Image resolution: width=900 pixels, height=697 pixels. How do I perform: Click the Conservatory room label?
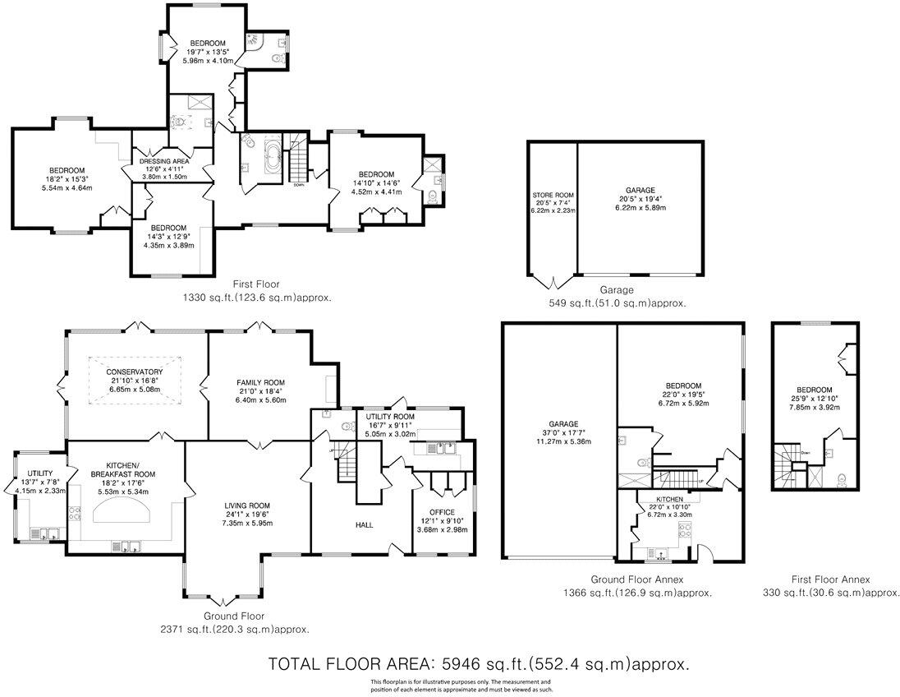(134, 372)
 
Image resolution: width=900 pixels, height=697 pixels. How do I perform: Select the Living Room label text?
(247, 505)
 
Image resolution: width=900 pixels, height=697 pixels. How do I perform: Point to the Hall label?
(365, 524)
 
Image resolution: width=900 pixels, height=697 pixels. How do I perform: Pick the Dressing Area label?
(164, 160)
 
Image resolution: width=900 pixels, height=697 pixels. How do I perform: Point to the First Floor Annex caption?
(829, 579)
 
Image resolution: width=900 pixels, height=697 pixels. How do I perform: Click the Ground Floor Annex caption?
(636, 579)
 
